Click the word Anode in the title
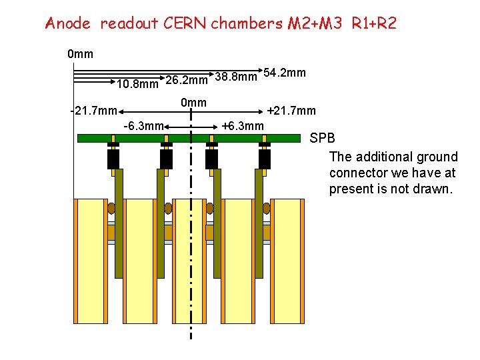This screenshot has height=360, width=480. coord(67,23)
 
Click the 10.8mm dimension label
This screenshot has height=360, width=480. coord(137,85)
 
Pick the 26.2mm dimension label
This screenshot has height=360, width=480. coord(187,81)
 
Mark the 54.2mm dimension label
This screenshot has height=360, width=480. coord(285,71)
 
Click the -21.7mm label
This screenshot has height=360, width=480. coord(94,111)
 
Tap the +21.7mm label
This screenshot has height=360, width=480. coord(291,111)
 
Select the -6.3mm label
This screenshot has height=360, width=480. coord(144,126)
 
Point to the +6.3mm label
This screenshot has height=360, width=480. coord(243,126)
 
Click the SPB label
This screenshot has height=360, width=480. coord(323,139)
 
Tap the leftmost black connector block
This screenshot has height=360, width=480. coord(113,159)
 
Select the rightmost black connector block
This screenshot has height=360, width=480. coord(265,159)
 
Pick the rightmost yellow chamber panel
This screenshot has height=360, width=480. coord(287,260)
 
